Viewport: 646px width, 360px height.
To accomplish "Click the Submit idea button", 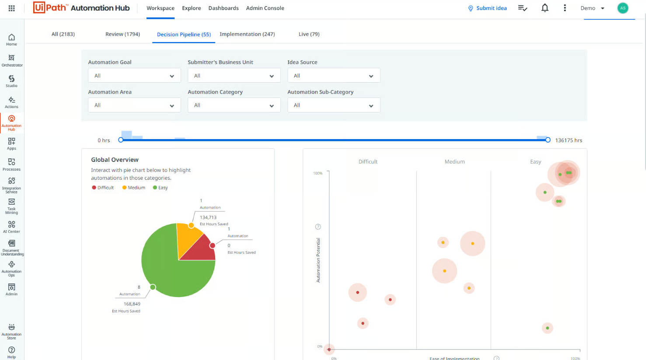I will coord(487,8).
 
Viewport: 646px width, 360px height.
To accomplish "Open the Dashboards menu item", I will coord(223,8).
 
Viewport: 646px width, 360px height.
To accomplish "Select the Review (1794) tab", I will coord(122,34).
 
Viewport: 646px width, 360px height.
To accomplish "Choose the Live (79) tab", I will coord(309,34).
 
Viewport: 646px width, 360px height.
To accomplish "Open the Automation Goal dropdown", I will coord(134,76).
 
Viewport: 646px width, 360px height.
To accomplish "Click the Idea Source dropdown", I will coord(334,76).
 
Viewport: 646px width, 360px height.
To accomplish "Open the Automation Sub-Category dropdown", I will coord(334,105).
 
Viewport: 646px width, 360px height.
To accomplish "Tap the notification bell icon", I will coord(545,8).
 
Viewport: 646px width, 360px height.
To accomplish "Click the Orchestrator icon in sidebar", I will coord(12,60).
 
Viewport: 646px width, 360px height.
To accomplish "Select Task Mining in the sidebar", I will coord(12,206).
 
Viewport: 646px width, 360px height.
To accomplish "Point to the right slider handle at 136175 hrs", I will coord(548,140).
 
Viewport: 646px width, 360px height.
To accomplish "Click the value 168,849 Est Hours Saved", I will coord(132,304).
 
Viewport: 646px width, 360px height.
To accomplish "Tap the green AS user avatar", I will coord(623,8).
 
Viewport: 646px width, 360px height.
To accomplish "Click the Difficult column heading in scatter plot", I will coord(368,162).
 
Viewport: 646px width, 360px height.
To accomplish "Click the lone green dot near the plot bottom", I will coord(547,328).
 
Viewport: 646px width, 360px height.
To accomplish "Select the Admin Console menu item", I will coord(265,8).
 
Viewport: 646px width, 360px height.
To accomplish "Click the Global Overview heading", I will coord(115,160).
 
